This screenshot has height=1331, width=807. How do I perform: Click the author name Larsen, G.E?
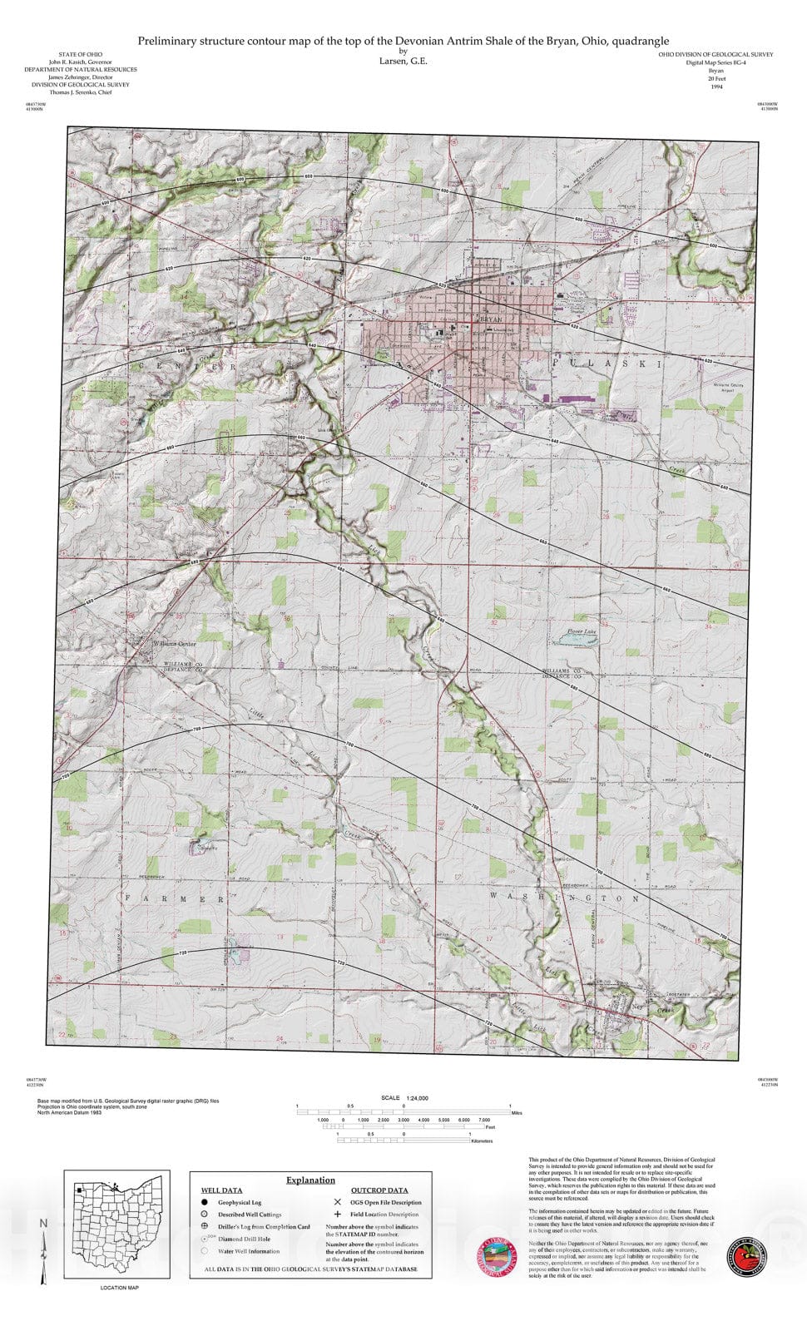(403, 61)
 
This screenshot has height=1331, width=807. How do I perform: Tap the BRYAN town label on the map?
(492, 319)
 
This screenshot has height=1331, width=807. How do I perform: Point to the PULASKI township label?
(608, 364)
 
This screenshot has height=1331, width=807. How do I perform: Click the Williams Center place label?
(174, 644)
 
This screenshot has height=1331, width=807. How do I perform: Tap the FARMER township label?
(174, 899)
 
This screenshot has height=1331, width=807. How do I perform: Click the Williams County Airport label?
(728, 388)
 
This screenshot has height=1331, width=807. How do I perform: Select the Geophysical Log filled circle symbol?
(205, 1202)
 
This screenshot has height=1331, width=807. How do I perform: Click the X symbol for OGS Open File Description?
(337, 1202)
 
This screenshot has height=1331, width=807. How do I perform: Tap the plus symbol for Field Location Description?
(337, 1215)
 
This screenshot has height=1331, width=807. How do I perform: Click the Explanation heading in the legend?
(310, 1180)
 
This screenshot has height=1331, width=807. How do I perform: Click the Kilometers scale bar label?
(482, 1141)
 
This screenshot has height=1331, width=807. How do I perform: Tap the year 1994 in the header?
(715, 87)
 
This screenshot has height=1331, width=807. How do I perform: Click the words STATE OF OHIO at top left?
(81, 54)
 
